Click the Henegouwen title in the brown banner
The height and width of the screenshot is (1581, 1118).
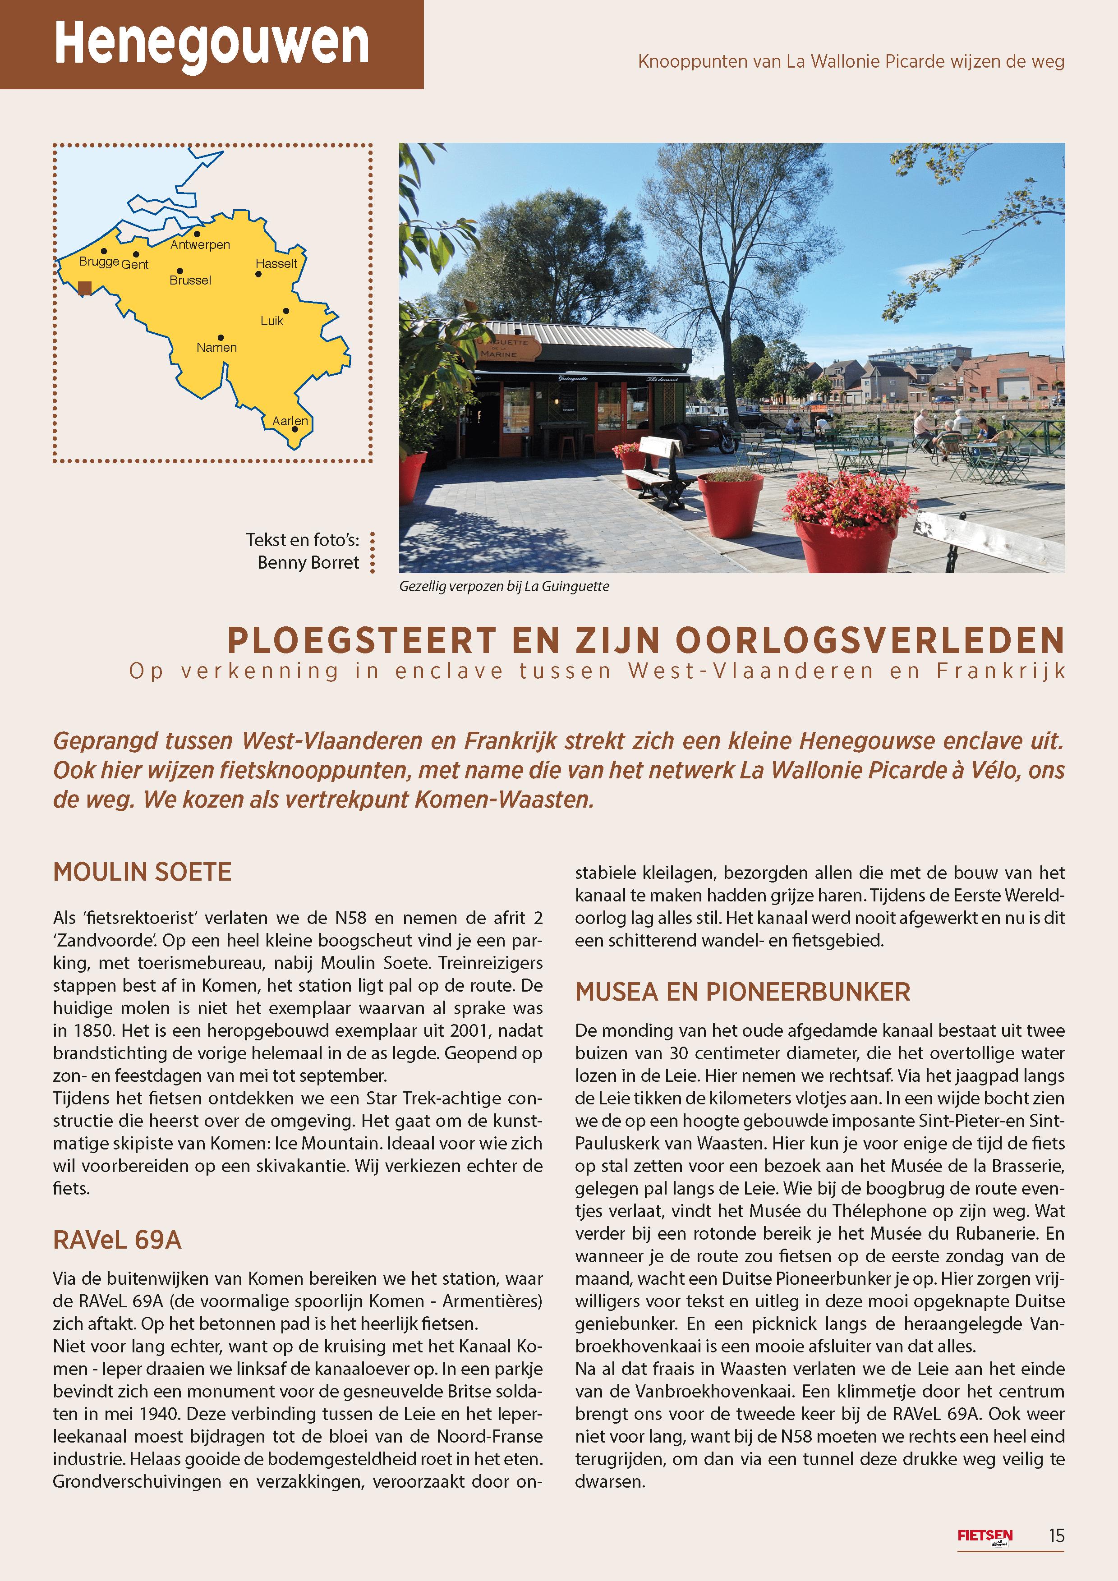(x=212, y=43)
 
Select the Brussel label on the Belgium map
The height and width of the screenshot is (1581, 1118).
(x=190, y=280)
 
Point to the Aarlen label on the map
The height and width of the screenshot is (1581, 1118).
(x=290, y=421)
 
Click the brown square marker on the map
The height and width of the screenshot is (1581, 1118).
(x=85, y=288)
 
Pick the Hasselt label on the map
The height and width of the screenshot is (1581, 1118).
(x=276, y=264)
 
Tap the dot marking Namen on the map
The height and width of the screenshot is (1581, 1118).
(x=221, y=337)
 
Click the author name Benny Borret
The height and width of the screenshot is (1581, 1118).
(x=308, y=563)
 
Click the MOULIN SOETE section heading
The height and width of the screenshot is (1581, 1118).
(x=142, y=872)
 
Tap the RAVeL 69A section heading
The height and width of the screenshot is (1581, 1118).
(x=117, y=1240)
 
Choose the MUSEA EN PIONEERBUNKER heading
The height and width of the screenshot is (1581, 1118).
(x=743, y=992)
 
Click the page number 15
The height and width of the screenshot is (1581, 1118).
(x=1056, y=1535)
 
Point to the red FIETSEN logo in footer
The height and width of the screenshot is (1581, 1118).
(x=985, y=1536)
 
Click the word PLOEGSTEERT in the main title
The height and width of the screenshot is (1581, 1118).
(x=361, y=640)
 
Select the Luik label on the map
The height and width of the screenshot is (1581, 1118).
(x=271, y=321)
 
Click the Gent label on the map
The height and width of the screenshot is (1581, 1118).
(x=135, y=264)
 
